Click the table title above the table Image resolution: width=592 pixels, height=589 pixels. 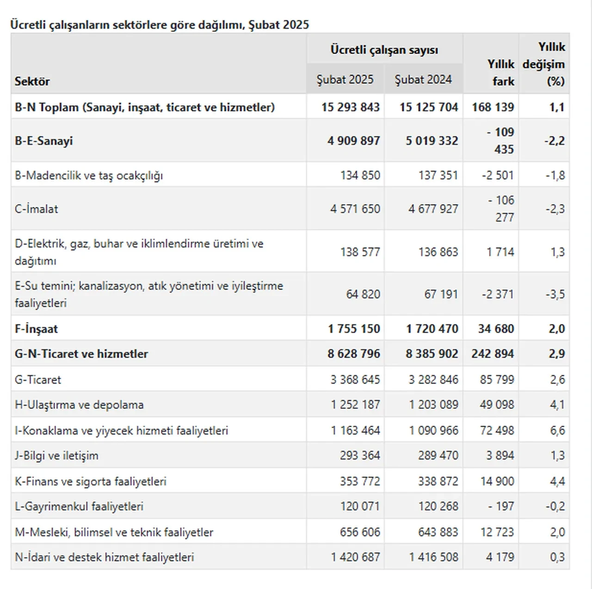[x=160, y=25]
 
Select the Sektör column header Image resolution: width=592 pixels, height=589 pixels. [x=32, y=81]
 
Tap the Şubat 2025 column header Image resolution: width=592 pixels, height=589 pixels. [x=345, y=80]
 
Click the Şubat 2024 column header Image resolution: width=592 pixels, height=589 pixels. [x=423, y=80]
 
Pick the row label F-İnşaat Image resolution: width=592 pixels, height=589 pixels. [x=36, y=329]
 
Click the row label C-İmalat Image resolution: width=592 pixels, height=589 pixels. [x=36, y=209]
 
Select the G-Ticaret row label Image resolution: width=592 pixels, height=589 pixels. [x=38, y=380]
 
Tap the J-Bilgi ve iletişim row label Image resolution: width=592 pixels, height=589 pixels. [x=56, y=456]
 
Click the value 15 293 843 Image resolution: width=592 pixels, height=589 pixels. [x=350, y=107]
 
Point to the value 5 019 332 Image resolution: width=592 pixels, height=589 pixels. [x=432, y=141]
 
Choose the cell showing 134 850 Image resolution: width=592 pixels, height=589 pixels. [x=360, y=175]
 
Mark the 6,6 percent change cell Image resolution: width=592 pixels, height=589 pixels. [x=557, y=431]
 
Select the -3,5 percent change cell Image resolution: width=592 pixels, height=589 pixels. [x=555, y=294]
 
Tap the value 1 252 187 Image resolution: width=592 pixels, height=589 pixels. [x=355, y=405]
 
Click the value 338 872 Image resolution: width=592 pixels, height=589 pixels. [x=438, y=481]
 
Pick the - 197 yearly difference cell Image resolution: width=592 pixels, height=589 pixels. [x=501, y=507]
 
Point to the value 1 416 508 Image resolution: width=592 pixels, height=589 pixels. [x=433, y=557]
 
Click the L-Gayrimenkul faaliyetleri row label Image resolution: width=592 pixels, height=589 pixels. [x=79, y=507]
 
